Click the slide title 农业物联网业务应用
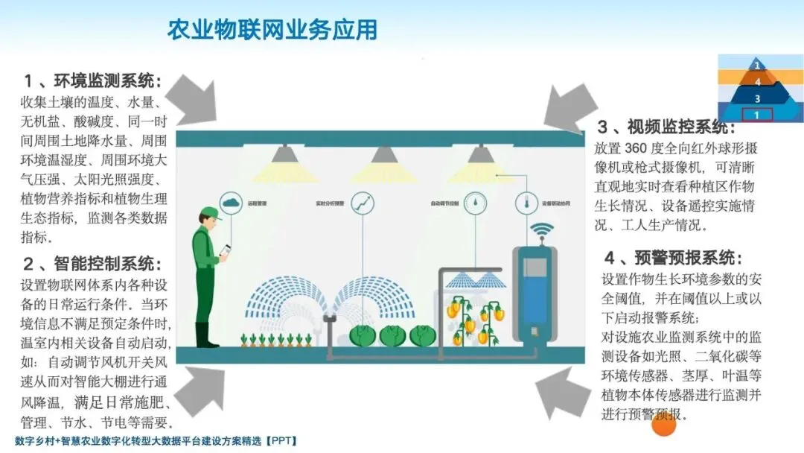tap(272, 30)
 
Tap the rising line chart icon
tap(363, 202)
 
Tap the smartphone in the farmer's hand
tap(225, 250)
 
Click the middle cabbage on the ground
tap(393, 336)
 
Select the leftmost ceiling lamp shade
tap(282, 154)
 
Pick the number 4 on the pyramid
tap(758, 82)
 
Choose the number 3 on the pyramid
tap(757, 98)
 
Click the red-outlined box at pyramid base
tap(757, 115)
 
